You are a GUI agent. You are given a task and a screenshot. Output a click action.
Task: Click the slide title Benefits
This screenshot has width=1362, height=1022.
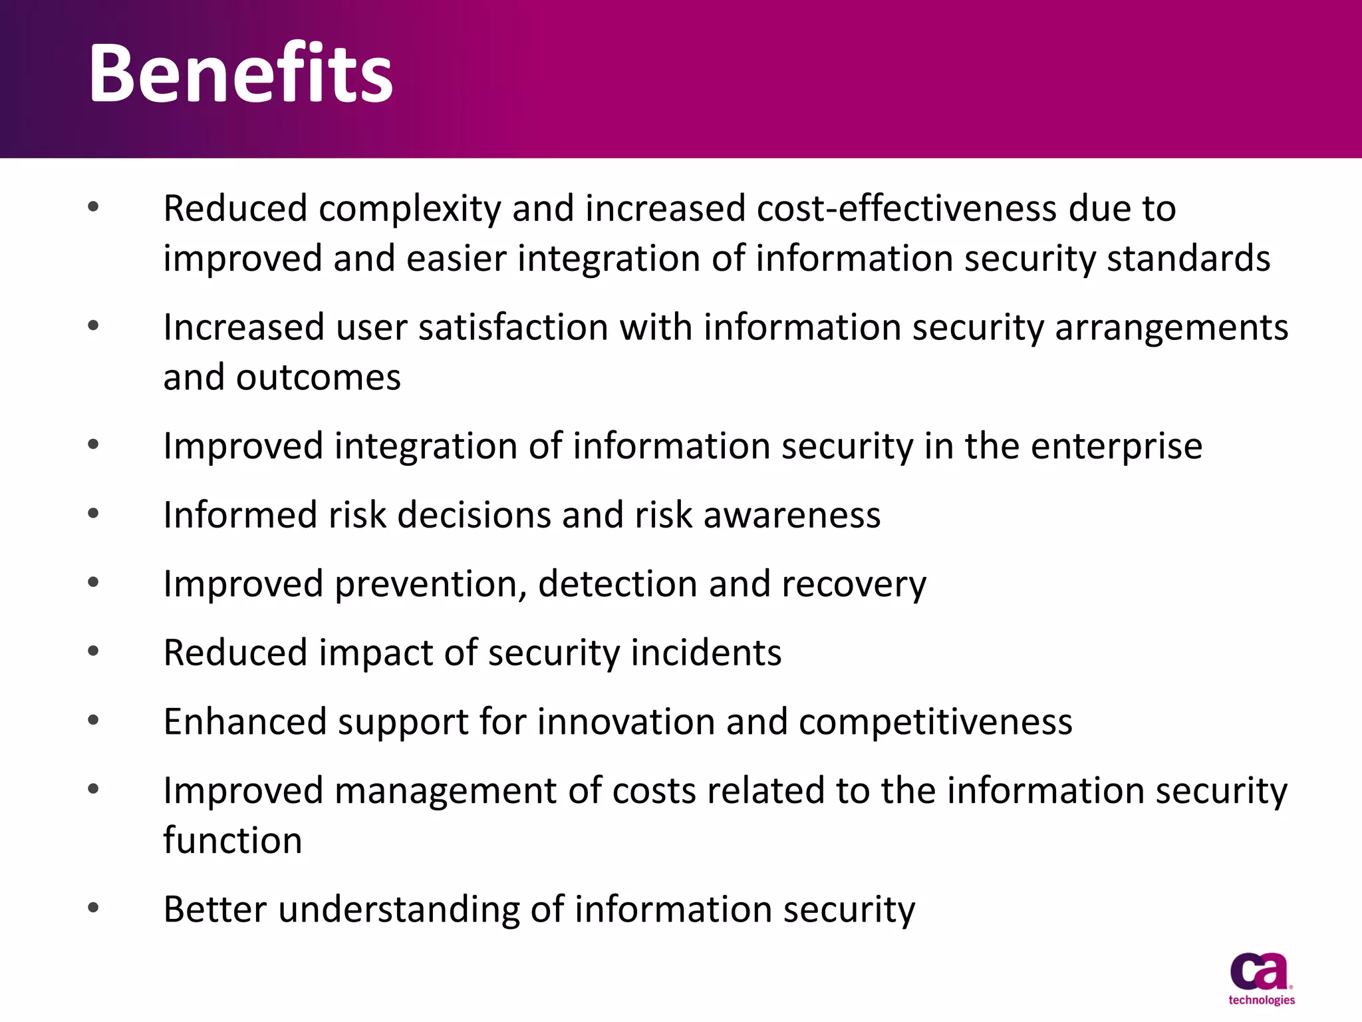(241, 73)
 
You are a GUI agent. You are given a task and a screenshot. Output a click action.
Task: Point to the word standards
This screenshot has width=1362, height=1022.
(1188, 259)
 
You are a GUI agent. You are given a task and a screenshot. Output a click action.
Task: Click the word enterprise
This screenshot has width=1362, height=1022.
(1117, 447)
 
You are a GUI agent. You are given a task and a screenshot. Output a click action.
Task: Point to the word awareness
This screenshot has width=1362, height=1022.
(791, 516)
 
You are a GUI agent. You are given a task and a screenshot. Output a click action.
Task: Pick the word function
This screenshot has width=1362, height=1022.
(233, 840)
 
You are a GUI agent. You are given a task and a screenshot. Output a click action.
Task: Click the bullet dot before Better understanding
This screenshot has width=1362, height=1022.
(93, 908)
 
